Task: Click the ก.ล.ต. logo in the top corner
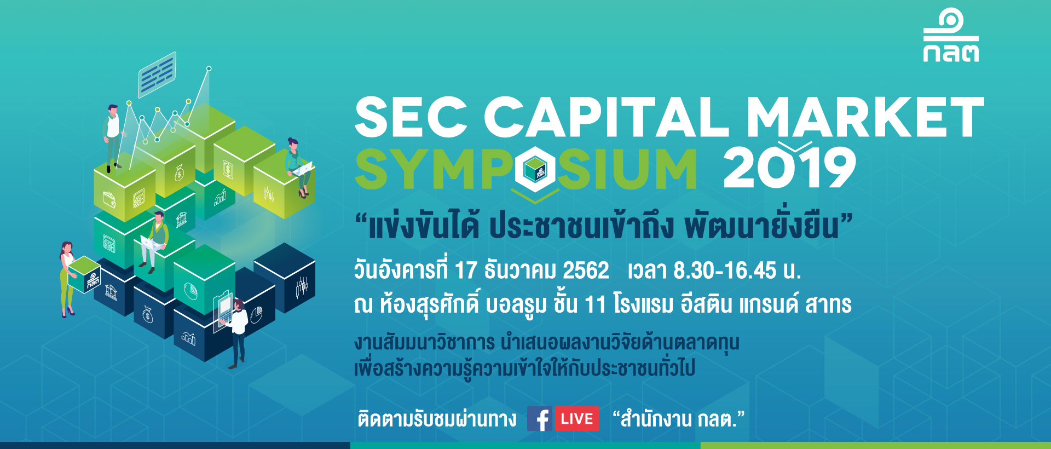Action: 951,35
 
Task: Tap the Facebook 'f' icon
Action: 540,419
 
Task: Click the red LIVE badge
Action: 577,419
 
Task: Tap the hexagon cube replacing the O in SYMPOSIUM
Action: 535,169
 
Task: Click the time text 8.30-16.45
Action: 725,270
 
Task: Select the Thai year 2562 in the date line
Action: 586,270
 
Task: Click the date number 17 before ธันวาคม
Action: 466,270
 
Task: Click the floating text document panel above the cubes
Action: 157,74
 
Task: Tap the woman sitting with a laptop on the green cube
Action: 298,167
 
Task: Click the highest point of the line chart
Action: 209,68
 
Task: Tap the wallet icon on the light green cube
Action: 109,199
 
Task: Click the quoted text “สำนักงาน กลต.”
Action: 679,419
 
